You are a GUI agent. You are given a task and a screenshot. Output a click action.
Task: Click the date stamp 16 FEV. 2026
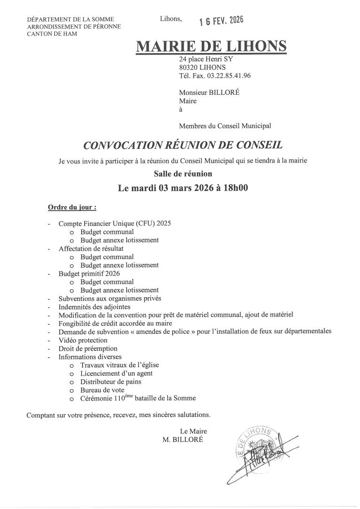(x=221, y=21)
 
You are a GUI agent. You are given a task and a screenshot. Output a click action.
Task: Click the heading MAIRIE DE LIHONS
(x=211, y=46)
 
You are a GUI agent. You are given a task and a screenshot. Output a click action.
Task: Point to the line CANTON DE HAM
(x=53, y=34)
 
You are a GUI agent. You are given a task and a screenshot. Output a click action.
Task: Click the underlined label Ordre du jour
(x=72, y=207)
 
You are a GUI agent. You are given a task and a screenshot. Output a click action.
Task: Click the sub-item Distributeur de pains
(x=111, y=382)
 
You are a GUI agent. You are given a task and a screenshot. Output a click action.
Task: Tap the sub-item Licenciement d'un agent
(x=116, y=373)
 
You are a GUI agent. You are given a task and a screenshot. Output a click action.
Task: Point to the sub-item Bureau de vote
(x=102, y=390)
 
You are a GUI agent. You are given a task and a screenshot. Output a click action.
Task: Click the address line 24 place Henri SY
(x=206, y=60)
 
